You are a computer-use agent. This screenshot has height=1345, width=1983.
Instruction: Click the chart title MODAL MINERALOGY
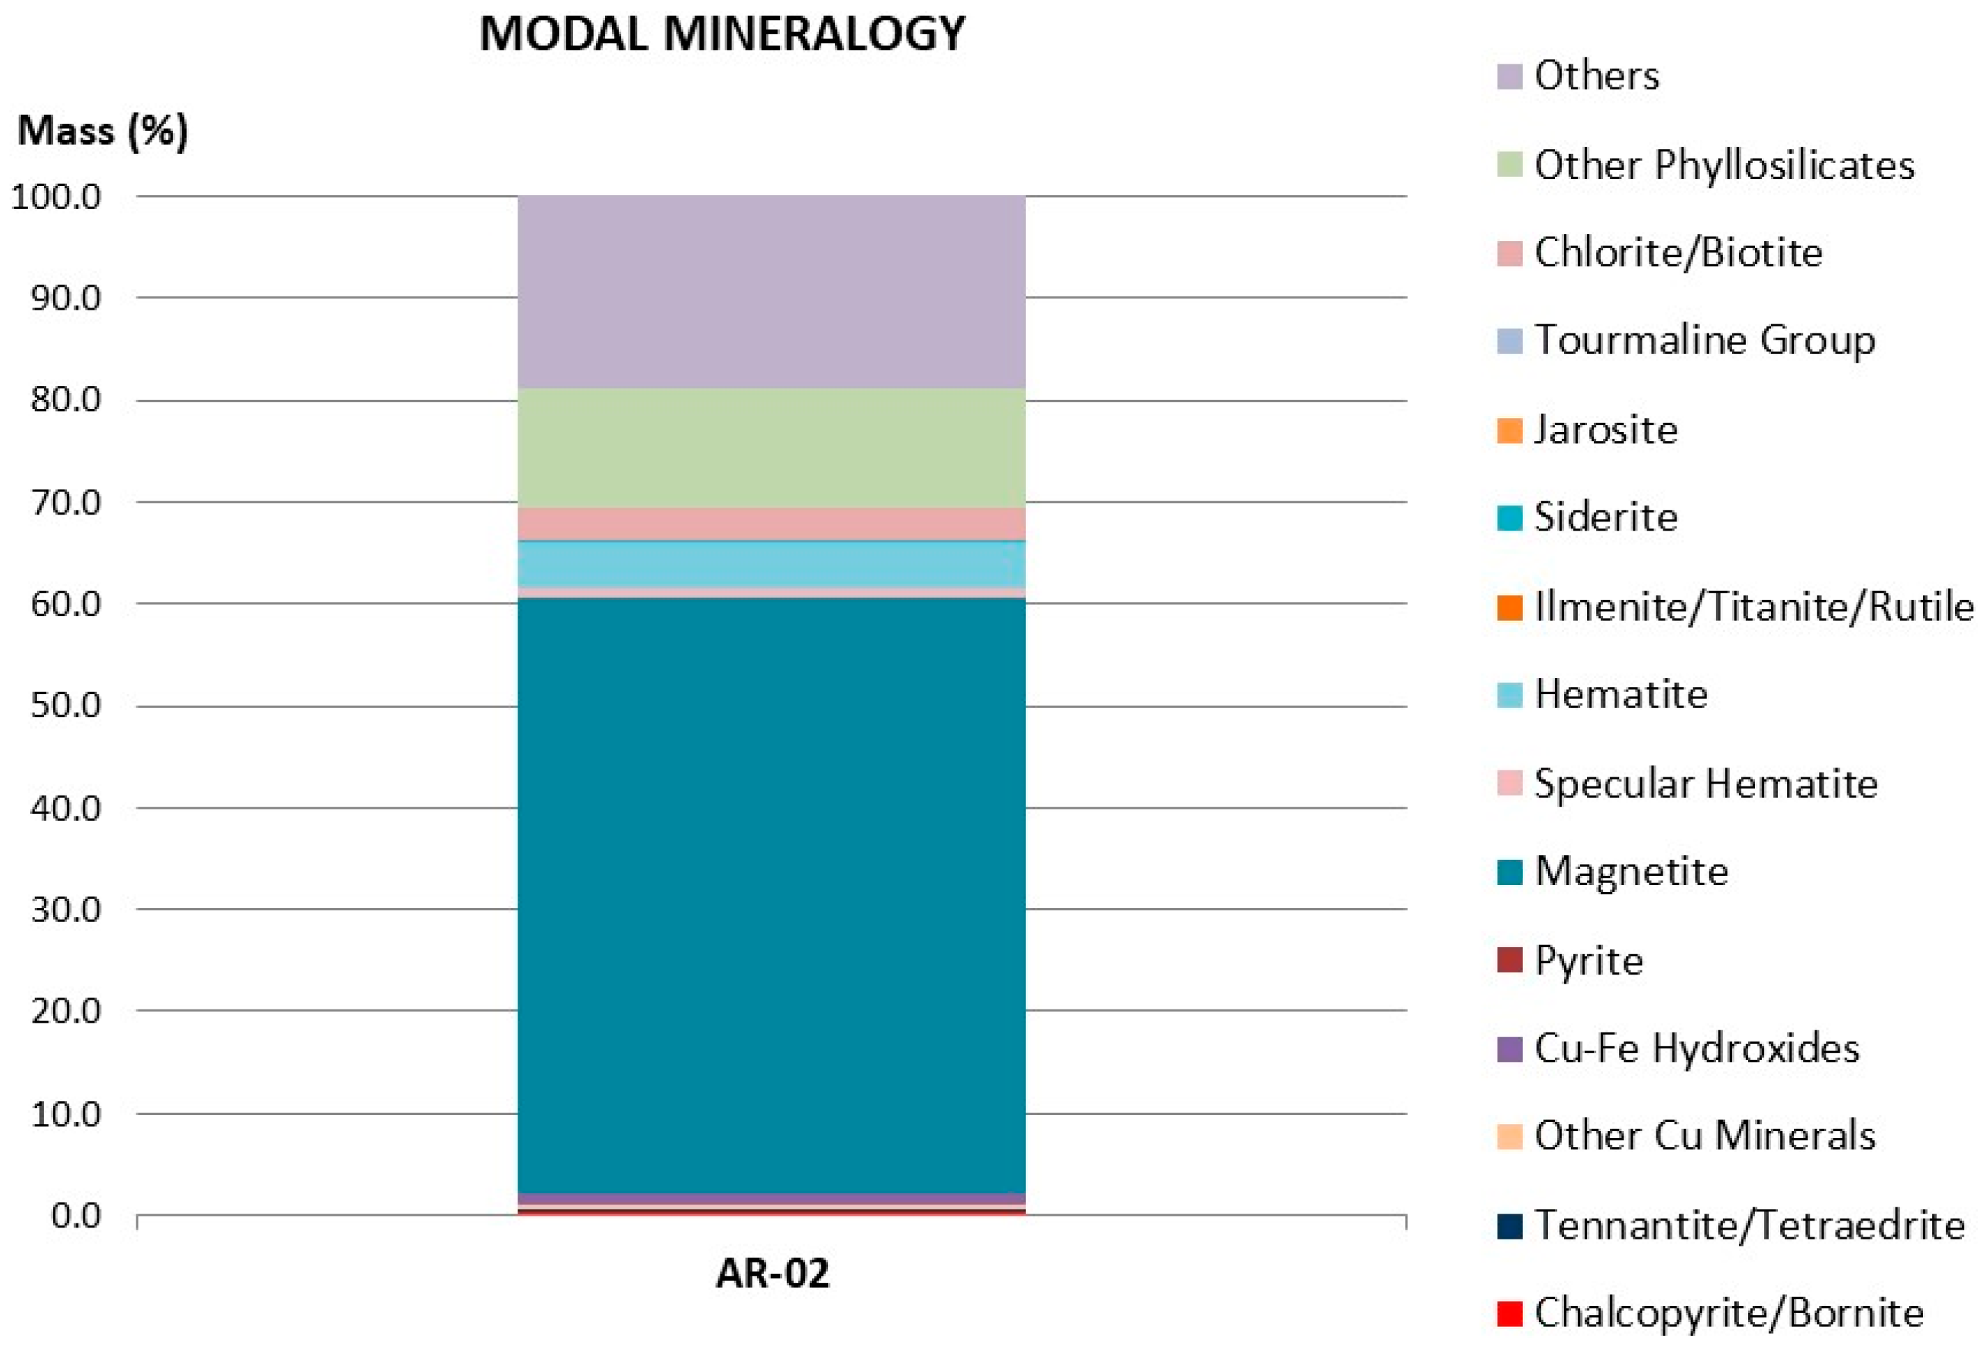722,36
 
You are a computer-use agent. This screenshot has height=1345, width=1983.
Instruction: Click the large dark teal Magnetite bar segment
772,896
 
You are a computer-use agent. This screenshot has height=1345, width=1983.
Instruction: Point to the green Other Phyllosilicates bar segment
772,449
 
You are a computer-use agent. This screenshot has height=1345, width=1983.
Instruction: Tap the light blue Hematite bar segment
772,563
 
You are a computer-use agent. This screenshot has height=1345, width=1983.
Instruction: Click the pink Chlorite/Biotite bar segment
772,524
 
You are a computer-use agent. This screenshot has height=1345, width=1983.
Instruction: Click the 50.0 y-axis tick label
65,705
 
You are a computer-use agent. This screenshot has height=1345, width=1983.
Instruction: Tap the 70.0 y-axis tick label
65,501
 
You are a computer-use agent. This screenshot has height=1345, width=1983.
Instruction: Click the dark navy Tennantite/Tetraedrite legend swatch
1509,1225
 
